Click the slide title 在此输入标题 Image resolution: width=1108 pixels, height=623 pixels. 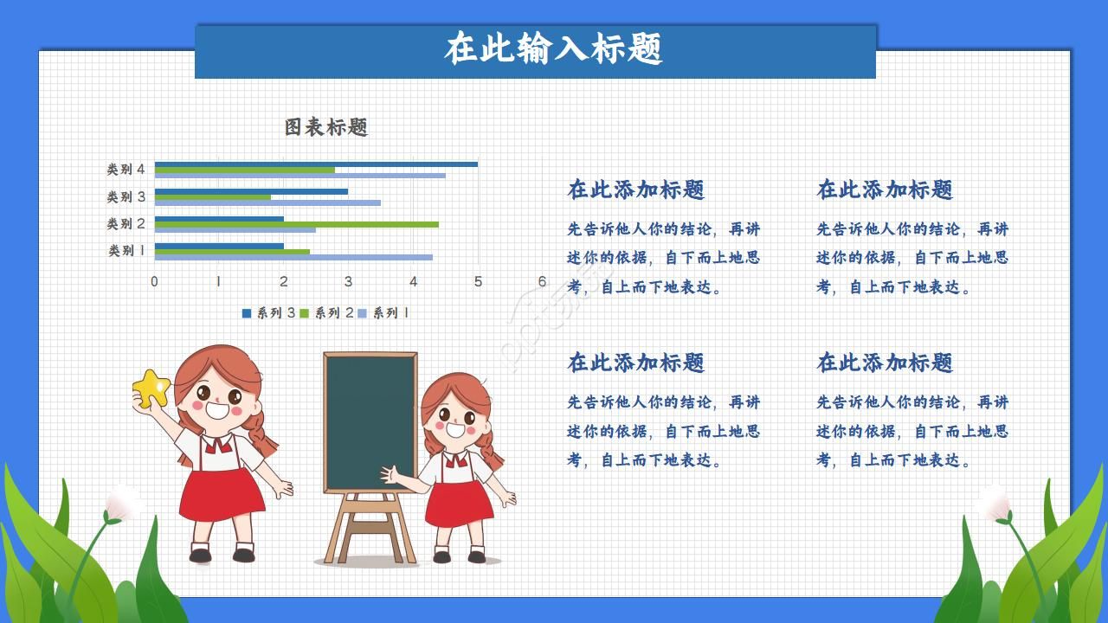(554, 49)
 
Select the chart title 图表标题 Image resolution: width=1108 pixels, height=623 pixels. (326, 127)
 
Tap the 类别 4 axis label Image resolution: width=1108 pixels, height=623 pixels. (126, 169)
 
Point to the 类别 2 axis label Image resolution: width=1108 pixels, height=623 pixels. (126, 223)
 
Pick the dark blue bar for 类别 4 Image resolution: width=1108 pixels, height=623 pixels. (316, 164)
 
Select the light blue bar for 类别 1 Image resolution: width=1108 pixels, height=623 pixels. (293, 257)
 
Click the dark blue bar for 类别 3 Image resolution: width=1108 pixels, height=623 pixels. (251, 191)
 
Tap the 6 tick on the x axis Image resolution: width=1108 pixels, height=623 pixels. (542, 281)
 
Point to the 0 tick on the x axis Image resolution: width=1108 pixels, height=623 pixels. (154, 281)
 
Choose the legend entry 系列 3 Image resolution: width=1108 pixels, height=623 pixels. (269, 313)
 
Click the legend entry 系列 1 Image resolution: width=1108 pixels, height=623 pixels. (384, 313)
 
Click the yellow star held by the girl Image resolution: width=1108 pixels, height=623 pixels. (151, 389)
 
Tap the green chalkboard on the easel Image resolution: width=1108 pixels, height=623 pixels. (370, 421)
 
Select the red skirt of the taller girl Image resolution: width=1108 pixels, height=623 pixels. (222, 495)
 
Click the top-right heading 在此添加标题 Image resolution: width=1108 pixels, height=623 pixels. (885, 189)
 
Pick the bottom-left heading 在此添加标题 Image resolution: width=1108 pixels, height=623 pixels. (635, 363)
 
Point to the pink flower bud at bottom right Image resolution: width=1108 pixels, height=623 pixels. (994, 502)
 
